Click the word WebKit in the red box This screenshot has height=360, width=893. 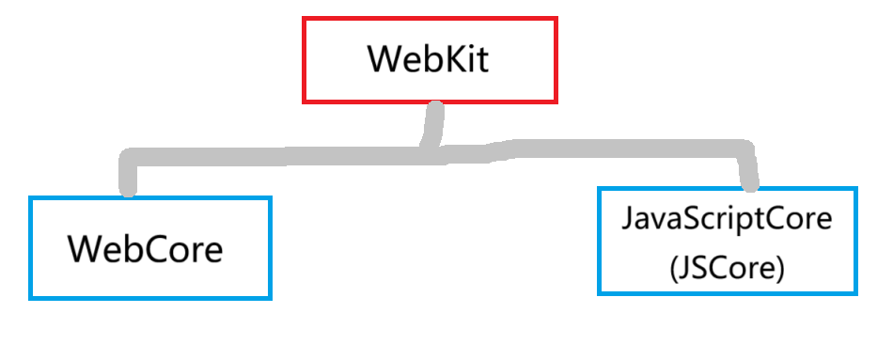pyautogui.click(x=429, y=59)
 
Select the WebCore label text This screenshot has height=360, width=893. pyautogui.click(x=145, y=249)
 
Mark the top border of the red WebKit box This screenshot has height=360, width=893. pyautogui.click(x=430, y=18)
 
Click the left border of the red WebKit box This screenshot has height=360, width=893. pyautogui.click(x=304, y=59)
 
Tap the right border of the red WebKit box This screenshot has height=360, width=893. pyautogui.click(x=556, y=59)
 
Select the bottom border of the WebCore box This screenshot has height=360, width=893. pyautogui.click(x=149, y=298)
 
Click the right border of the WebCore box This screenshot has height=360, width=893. pyautogui.click(x=270, y=248)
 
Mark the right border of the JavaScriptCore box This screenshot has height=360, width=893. pyautogui.click(x=855, y=242)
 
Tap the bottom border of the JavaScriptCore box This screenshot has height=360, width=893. pyautogui.click(x=727, y=293)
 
